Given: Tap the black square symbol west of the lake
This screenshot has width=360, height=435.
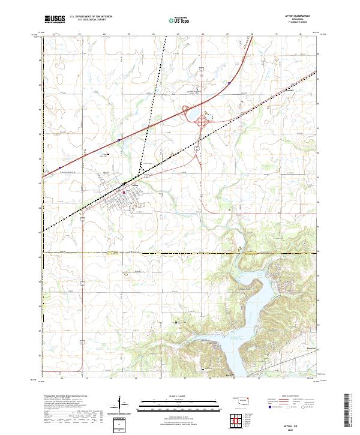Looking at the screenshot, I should click(x=176, y=323).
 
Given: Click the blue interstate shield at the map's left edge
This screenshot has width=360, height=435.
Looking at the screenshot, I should click(x=61, y=167).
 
